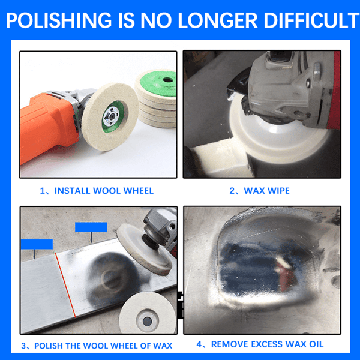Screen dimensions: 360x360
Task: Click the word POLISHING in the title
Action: click(x=59, y=20)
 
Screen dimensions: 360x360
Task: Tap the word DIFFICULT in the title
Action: click(x=311, y=20)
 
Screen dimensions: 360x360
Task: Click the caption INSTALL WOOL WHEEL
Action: click(x=104, y=191)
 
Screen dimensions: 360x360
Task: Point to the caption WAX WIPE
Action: click(x=266, y=191)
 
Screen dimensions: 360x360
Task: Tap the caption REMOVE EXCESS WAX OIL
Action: click(x=267, y=344)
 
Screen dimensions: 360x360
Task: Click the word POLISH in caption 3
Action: click(x=49, y=346)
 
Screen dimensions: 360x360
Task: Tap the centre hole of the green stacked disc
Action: click(x=168, y=80)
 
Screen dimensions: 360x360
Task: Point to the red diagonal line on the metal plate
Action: click(x=65, y=285)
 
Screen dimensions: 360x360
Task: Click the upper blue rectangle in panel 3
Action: click(x=91, y=227)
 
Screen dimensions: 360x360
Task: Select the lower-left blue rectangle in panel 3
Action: click(x=37, y=244)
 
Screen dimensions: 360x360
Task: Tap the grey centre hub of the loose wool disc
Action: click(x=147, y=321)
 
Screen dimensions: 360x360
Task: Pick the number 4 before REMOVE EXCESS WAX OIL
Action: click(x=199, y=344)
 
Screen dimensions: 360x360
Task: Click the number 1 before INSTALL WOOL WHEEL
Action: click(x=42, y=191)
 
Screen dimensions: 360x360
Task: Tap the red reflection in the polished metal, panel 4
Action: click(x=284, y=273)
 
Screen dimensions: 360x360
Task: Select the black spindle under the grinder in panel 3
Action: click(x=151, y=242)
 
